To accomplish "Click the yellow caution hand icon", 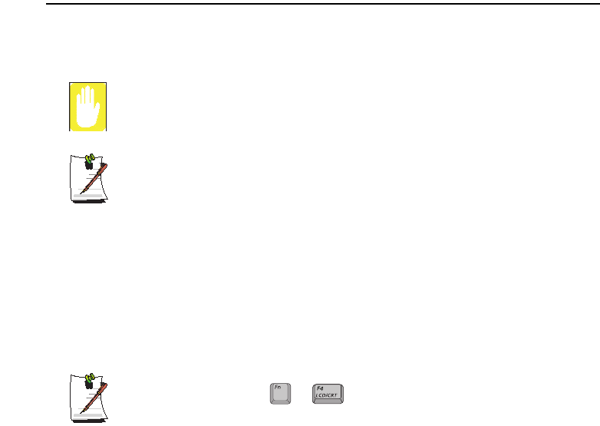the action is [x=86, y=106].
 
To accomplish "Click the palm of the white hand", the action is [x=86, y=114].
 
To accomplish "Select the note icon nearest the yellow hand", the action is [x=87, y=177].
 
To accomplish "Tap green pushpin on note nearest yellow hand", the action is [x=88, y=160].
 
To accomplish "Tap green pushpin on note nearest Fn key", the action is [x=88, y=379].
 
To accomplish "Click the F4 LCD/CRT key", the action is [x=329, y=393].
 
